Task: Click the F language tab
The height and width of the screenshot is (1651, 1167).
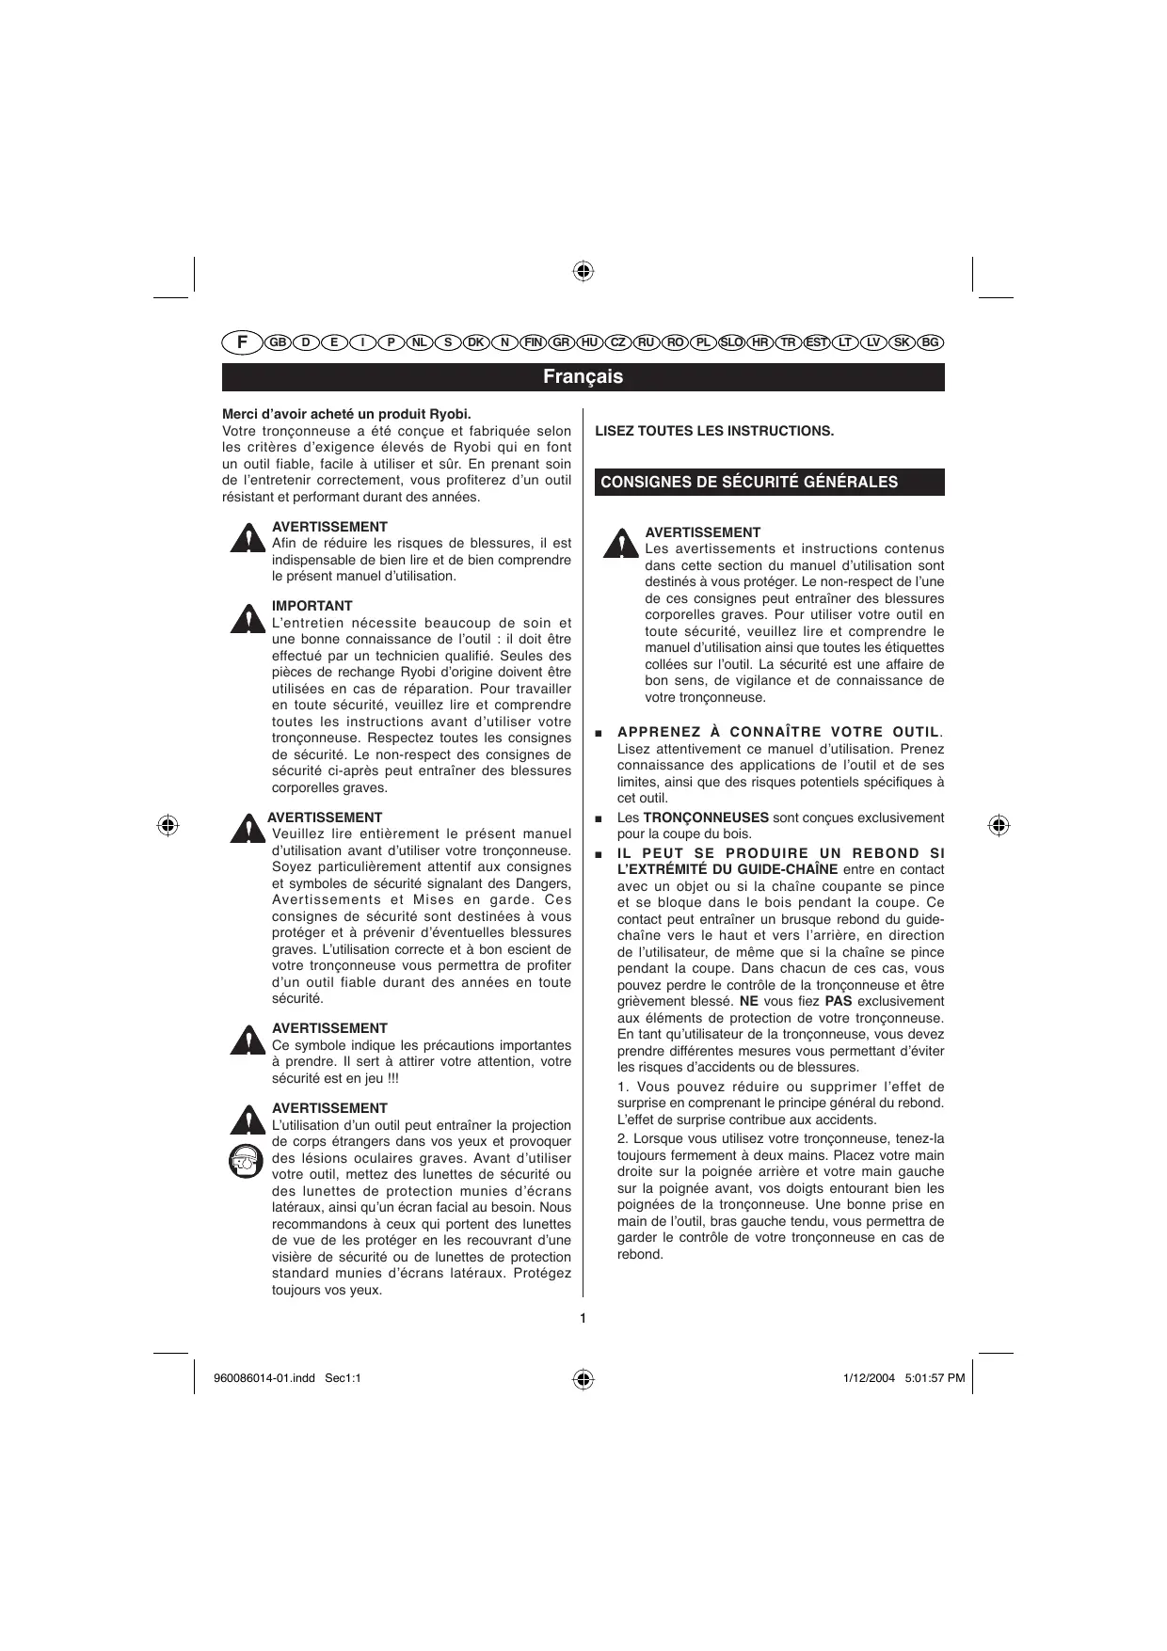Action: click(242, 342)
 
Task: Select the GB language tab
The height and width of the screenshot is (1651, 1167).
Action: click(278, 342)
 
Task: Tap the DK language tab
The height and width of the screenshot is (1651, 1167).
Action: click(476, 342)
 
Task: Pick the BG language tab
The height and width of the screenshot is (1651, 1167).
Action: click(930, 342)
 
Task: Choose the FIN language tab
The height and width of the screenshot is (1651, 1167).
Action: click(534, 342)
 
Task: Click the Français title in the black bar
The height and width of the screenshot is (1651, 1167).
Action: click(583, 377)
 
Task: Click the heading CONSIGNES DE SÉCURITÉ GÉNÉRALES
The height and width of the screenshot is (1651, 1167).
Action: click(749, 483)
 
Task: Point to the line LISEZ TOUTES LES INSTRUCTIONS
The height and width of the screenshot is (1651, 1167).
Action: click(714, 431)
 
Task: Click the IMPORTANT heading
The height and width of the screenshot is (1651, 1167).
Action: click(312, 606)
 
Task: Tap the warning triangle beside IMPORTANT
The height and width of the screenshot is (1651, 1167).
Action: click(247, 619)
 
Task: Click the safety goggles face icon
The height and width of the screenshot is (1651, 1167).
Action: click(246, 1161)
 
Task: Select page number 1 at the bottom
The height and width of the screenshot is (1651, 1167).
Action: click(583, 1318)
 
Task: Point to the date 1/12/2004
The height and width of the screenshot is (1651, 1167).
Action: click(865, 1378)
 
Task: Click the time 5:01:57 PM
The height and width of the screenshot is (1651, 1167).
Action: click(935, 1378)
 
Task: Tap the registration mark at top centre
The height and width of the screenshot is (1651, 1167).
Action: click(583, 272)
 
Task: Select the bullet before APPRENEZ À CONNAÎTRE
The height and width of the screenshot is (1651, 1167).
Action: click(599, 733)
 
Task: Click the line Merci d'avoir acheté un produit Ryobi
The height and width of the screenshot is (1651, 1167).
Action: click(346, 414)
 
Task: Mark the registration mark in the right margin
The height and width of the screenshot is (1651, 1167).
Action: click(999, 825)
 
